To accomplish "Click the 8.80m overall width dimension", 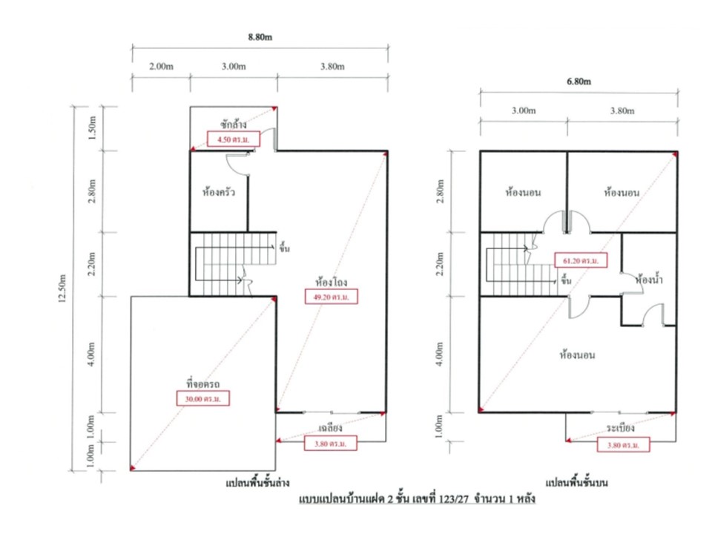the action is coord(260,37).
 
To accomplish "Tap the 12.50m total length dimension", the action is coord(62,289).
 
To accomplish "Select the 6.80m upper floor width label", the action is coord(579,82).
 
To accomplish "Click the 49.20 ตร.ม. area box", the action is coord(331,297).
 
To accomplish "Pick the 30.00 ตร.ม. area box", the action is coord(203,399).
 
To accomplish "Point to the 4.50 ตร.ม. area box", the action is coord(234,139).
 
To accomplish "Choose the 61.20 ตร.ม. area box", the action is coord(581,260).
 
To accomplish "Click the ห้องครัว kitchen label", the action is coord(219,192).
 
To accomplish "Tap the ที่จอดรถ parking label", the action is coord(203,383).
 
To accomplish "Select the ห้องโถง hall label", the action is coord(332,282).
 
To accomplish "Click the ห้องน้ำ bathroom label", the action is coord(649,280).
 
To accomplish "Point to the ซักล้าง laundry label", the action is coord(234,124).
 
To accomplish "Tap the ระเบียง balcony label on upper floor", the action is coord(621,428).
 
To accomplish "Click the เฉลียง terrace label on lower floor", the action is coord(330,428).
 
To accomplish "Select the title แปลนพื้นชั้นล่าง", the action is coord(257,482).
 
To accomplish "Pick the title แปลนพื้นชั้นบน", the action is coord(577,482).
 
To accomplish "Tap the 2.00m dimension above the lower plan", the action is coord(161,66).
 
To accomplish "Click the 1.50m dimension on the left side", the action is coord(92,128).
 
